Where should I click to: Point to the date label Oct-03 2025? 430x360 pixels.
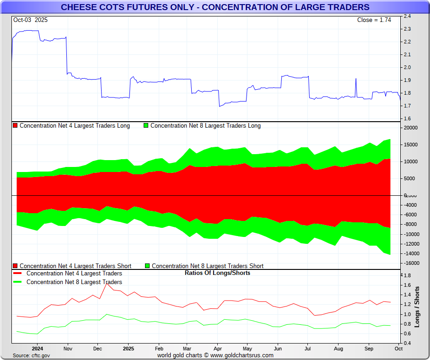tap(30, 20)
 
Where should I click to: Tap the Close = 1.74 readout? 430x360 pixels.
tap(374, 20)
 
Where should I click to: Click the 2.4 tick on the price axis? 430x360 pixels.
tap(407, 16)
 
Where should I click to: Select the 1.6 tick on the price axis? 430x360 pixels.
tap(407, 119)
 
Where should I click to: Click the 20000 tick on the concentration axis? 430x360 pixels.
tap(411, 128)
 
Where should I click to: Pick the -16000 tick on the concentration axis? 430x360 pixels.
tap(411, 263)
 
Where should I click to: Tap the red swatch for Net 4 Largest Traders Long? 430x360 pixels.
tap(15, 126)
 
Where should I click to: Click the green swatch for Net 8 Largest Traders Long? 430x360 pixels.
tap(146, 126)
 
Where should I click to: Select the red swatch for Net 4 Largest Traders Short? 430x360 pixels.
tap(15, 266)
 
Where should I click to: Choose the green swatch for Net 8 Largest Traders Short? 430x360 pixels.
tap(147, 266)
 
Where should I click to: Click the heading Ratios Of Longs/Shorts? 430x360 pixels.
tap(217, 273)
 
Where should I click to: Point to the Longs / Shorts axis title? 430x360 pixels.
tap(417, 307)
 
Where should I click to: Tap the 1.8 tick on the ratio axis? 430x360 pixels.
tap(407, 276)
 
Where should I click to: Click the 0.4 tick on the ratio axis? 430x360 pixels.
tap(407, 343)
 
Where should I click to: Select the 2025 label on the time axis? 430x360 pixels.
tap(128, 349)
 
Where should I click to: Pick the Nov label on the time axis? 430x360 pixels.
tap(68, 349)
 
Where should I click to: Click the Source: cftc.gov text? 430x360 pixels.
tap(32, 355)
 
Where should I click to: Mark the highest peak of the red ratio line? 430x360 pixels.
tap(107, 284)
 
